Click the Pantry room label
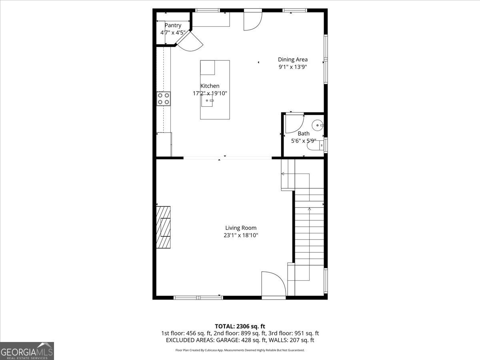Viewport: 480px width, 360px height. tap(173, 25)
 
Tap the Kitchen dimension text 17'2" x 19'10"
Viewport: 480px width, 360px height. tap(210, 93)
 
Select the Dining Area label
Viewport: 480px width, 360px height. tap(293, 60)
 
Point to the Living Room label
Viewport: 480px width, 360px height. tap(240, 228)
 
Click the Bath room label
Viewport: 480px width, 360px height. tap(303, 133)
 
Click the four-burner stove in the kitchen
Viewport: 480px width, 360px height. tap(163, 98)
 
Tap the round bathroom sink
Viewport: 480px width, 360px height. tap(318, 126)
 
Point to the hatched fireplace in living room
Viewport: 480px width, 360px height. tap(163, 227)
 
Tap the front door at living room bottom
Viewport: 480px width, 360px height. tap(273, 285)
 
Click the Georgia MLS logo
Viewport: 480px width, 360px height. tap(27, 351)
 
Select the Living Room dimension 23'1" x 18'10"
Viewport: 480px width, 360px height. tap(240, 236)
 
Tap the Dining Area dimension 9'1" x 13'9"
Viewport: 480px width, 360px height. tap(293, 67)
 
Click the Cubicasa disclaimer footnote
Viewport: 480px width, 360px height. tap(240, 350)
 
